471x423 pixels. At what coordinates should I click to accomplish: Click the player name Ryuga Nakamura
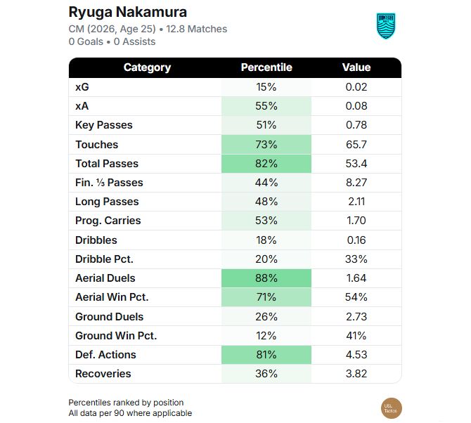[128, 13]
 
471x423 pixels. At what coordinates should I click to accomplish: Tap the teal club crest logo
[386, 26]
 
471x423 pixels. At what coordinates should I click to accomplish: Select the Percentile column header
[266, 67]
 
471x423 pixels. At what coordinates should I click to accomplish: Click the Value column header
[356, 67]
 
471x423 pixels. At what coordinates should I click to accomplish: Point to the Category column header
[147, 67]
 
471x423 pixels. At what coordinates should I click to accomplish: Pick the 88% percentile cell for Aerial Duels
[266, 278]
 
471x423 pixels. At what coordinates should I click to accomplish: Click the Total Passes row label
[107, 164]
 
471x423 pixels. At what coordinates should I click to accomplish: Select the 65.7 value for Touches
[356, 145]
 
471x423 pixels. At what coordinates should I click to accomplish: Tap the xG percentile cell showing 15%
[266, 87]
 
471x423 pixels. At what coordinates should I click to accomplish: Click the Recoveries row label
[103, 374]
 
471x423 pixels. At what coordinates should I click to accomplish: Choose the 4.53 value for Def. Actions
[356, 355]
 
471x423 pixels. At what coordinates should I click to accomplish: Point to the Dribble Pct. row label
[104, 259]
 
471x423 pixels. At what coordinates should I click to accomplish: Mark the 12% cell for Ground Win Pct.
[266, 336]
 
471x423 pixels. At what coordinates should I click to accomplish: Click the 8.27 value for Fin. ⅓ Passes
[356, 183]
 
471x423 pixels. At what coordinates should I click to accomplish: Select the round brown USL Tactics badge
[392, 408]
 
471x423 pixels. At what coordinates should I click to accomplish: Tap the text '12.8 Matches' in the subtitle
[197, 29]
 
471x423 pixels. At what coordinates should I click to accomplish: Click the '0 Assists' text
[134, 41]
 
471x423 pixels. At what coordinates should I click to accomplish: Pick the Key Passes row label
[104, 125]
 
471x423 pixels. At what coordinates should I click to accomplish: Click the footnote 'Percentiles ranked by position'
[126, 403]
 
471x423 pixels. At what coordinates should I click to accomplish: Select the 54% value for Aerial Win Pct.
[356, 297]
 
